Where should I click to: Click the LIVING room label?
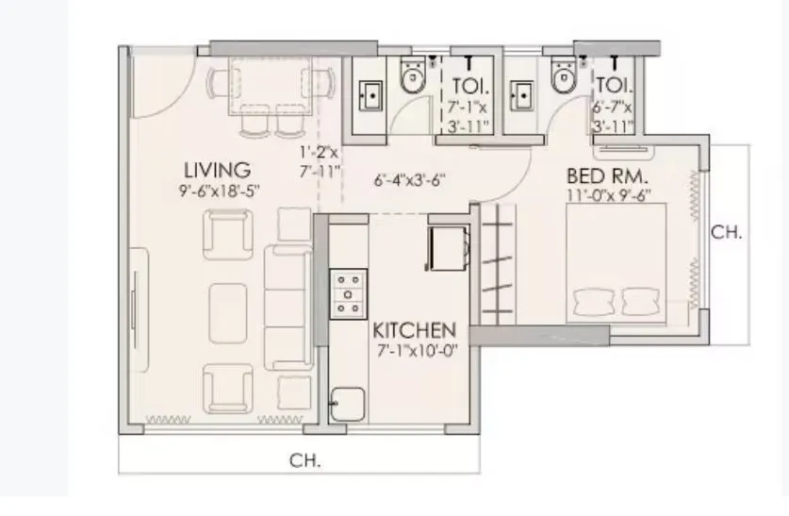(217, 171)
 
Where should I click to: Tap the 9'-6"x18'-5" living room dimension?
(219, 191)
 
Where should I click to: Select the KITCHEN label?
(415, 331)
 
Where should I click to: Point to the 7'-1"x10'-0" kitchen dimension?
(415, 350)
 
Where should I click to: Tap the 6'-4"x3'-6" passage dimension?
(409, 179)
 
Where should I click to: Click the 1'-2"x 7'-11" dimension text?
(316, 161)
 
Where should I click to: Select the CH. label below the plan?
(304, 461)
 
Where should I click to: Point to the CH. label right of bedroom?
(726, 233)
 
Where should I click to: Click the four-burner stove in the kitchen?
(348, 293)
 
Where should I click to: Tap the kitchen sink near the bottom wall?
(348, 402)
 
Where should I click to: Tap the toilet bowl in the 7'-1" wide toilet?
(412, 78)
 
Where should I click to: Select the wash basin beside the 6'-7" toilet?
(521, 95)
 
